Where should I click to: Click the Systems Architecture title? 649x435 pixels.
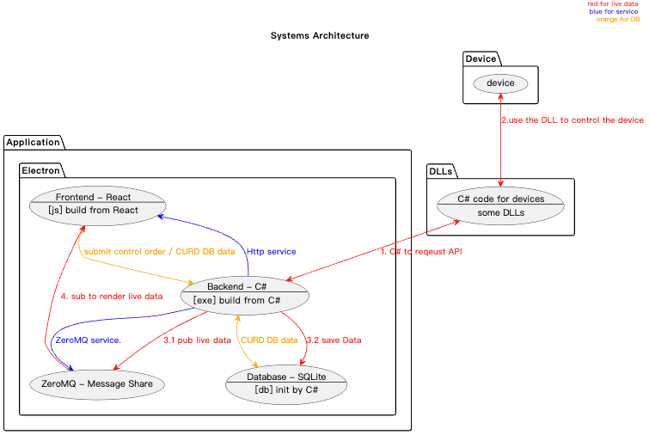(x=320, y=35)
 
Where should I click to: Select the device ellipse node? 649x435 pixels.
(x=500, y=83)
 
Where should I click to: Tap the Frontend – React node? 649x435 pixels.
(x=98, y=205)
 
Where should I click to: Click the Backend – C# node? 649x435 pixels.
(x=245, y=295)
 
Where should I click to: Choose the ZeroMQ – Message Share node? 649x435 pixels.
(x=97, y=384)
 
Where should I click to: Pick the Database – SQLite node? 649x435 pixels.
(x=286, y=384)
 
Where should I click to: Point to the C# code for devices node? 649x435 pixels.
(x=500, y=205)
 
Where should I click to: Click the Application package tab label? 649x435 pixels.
(x=34, y=143)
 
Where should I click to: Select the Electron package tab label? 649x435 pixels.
(x=40, y=170)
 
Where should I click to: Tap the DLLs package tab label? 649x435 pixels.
(x=440, y=171)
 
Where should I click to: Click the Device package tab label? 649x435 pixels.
(x=481, y=58)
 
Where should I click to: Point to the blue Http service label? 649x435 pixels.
(x=271, y=252)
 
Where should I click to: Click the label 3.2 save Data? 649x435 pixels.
(x=334, y=340)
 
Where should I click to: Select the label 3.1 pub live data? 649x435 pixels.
(x=197, y=340)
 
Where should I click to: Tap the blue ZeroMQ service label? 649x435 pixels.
(x=89, y=340)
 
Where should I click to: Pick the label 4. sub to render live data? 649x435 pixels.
(x=112, y=297)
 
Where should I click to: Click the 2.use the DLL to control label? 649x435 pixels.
(x=572, y=120)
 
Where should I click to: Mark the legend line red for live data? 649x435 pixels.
(x=613, y=3)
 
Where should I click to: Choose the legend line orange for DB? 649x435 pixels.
(x=618, y=20)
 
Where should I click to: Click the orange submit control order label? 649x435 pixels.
(x=159, y=252)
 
